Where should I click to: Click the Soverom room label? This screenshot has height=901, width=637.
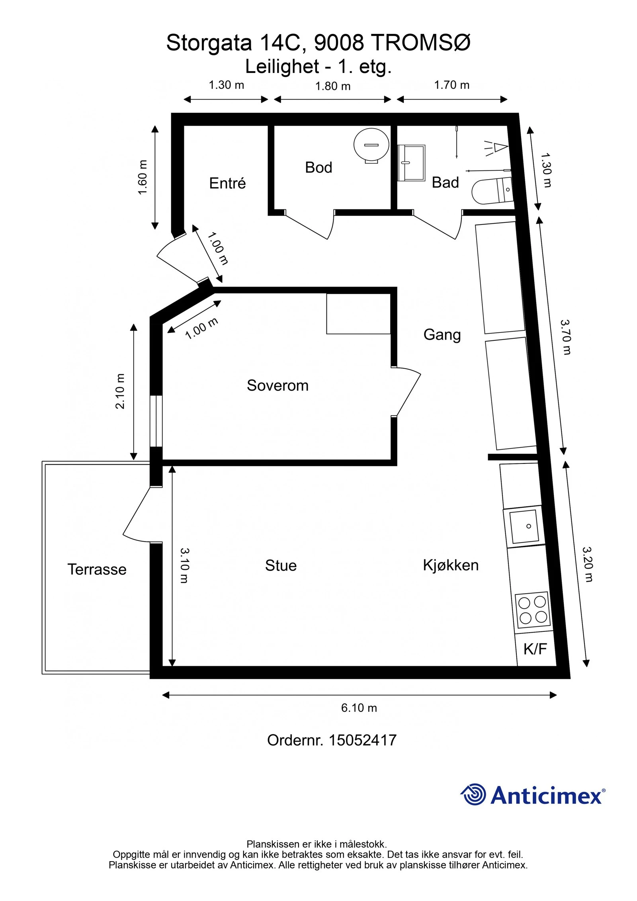277,385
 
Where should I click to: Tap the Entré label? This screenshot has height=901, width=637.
227,183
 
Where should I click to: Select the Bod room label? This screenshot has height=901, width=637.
318,167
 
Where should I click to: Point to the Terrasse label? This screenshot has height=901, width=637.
97,569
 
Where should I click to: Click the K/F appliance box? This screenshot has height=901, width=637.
535,649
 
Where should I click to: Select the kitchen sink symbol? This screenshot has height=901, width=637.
524,527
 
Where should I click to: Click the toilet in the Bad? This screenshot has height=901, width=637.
492,191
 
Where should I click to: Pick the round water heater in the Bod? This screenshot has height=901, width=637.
371,145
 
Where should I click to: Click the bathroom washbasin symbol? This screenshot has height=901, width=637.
411,163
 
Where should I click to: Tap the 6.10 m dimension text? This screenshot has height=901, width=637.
359,708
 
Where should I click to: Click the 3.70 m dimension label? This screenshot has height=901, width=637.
566,337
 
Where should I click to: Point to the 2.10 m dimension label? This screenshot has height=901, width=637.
120,391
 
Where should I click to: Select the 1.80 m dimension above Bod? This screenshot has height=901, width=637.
333,86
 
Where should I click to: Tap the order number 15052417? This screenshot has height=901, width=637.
362,741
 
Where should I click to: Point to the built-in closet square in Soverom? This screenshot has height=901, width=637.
358,314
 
